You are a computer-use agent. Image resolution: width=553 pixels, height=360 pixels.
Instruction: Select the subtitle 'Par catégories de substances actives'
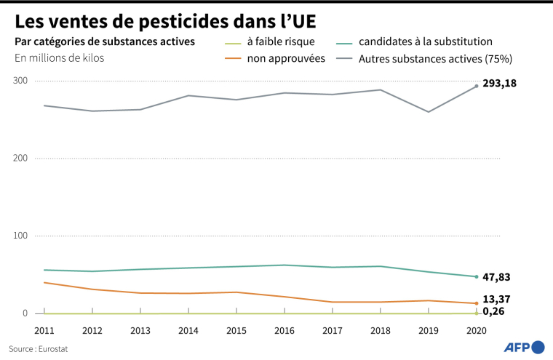104,41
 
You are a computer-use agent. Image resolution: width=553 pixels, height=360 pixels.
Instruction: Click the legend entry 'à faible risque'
281,41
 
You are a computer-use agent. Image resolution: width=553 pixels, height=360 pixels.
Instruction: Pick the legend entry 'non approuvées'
286,57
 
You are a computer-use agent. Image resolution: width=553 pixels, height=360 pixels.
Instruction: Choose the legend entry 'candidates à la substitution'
426,41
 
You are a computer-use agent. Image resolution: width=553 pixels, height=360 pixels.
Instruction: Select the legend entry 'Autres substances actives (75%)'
436,57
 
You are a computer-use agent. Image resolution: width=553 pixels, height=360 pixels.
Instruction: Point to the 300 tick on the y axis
20,80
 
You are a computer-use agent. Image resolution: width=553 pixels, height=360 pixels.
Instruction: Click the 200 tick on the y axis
20,158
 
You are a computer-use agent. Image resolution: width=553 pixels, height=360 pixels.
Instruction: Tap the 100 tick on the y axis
20,236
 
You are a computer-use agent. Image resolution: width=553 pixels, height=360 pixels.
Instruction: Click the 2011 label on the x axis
44,329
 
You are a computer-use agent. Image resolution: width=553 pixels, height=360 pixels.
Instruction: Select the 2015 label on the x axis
236,329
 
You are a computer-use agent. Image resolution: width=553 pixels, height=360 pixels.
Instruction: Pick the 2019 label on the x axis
429,329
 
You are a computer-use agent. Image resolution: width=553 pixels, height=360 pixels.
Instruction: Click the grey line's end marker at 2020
477,86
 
